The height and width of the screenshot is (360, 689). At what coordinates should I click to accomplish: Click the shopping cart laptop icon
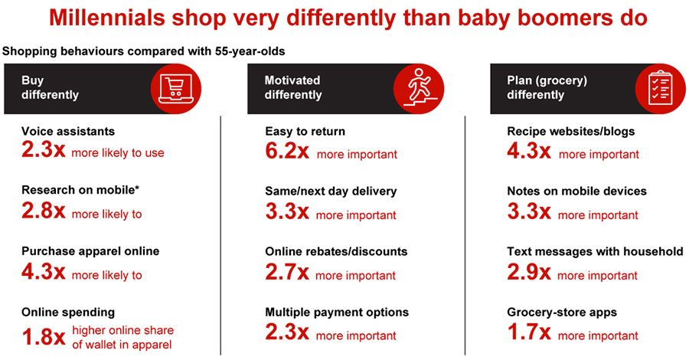[176, 88]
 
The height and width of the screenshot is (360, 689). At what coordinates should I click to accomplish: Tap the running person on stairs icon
[419, 88]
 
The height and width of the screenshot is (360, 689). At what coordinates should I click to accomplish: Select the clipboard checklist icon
[661, 88]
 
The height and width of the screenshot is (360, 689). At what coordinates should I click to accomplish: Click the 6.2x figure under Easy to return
[287, 151]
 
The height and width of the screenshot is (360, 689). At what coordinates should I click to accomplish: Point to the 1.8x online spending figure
[44, 337]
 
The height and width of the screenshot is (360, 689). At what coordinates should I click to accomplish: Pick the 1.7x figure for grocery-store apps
[528, 332]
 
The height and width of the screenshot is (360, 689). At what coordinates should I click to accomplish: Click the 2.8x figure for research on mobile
[44, 211]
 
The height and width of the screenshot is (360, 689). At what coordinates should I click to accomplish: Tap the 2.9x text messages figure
[528, 272]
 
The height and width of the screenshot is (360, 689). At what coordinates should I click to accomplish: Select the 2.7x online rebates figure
[287, 272]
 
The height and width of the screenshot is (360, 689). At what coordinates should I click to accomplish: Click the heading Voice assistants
[68, 132]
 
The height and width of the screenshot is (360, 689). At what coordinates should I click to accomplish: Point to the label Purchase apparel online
[90, 251]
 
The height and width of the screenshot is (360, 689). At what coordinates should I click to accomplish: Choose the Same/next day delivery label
[331, 191]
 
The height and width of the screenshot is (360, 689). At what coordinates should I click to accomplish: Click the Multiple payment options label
[337, 313]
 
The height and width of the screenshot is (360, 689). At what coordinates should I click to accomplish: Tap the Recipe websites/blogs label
[571, 132]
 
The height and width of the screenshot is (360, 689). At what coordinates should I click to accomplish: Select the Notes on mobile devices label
[577, 191]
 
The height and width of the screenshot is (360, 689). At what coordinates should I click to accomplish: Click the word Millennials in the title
[106, 18]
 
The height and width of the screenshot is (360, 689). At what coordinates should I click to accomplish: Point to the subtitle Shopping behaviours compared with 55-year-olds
[143, 51]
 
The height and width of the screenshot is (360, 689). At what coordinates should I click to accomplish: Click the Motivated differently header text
[293, 87]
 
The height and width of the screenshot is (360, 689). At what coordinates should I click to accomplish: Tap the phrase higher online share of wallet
[123, 337]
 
